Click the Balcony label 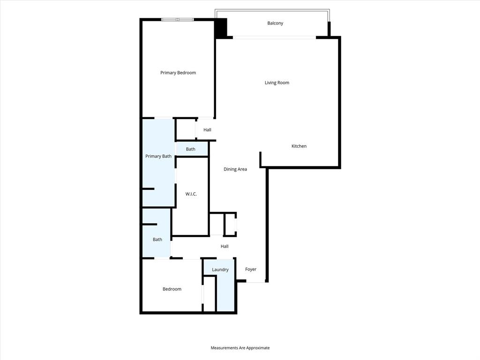coord(275,23)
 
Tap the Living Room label coord(277,83)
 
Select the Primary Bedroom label coord(178,73)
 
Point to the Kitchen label coord(299,146)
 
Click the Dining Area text coord(235,169)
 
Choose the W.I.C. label coord(191,194)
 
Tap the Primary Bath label coord(158,156)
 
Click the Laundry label coord(220,270)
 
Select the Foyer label coord(251,270)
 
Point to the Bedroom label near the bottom coord(172,289)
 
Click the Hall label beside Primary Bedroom coord(207,130)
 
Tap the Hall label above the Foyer coord(225,247)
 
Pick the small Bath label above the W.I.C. coord(191,150)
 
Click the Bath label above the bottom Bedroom coord(157,240)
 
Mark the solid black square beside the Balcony coord(221,29)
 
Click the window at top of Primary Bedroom coord(178,19)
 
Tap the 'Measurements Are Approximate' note coord(240,348)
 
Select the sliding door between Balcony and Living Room coord(275,37)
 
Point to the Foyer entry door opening coord(256,282)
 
